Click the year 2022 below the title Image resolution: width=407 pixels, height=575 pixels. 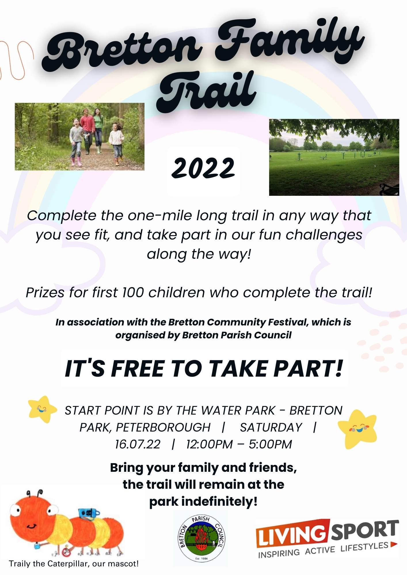click(x=203, y=168)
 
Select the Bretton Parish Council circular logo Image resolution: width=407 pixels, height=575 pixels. click(x=201, y=538)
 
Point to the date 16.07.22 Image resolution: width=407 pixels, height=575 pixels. click(x=138, y=444)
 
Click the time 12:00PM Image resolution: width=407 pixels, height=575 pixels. click(x=209, y=444)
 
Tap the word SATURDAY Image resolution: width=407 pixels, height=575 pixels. click(x=271, y=427)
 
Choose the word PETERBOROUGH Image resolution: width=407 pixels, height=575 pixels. click(x=163, y=427)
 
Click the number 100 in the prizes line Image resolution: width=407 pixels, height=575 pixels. click(x=133, y=292)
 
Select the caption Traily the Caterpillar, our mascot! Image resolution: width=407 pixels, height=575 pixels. click(x=74, y=563)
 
